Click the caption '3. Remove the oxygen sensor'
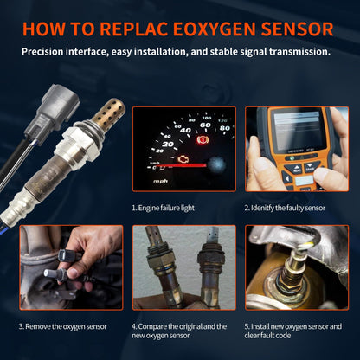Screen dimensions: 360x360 63,326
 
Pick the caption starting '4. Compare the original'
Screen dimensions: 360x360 178,331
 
